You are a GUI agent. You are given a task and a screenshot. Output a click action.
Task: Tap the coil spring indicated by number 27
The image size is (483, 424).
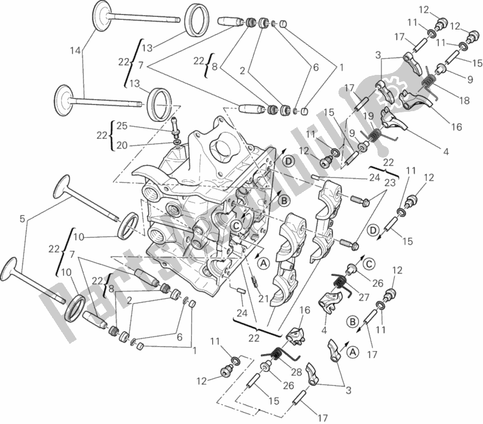pos(340,281)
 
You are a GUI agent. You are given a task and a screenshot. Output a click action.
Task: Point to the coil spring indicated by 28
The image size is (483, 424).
pos(274,354)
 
